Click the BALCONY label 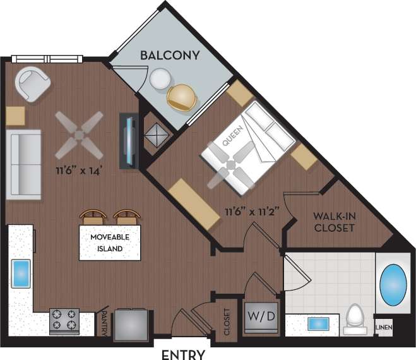pyautogui.click(x=169, y=55)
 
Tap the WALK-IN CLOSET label pyautogui.click(x=334, y=222)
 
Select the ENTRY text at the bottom pyautogui.click(x=183, y=354)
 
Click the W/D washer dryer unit pyautogui.click(x=260, y=316)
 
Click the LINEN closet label pyautogui.click(x=384, y=327)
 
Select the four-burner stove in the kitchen pyautogui.click(x=64, y=321)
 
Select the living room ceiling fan pyautogui.click(x=79, y=135)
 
